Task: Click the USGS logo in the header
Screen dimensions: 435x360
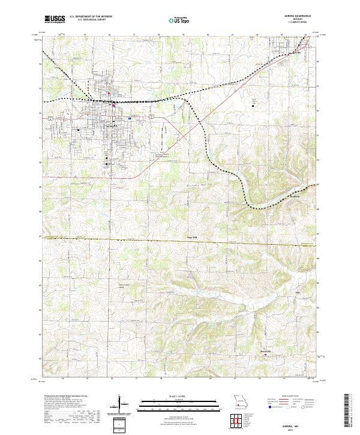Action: pos(55,19)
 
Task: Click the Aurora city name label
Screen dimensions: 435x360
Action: pos(110,126)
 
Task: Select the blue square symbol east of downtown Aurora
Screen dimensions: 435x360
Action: pos(129,118)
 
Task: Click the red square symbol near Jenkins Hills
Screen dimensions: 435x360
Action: pos(265,355)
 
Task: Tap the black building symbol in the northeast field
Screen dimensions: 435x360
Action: pos(253,106)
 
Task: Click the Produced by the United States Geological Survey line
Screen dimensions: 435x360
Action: pos(67,397)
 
